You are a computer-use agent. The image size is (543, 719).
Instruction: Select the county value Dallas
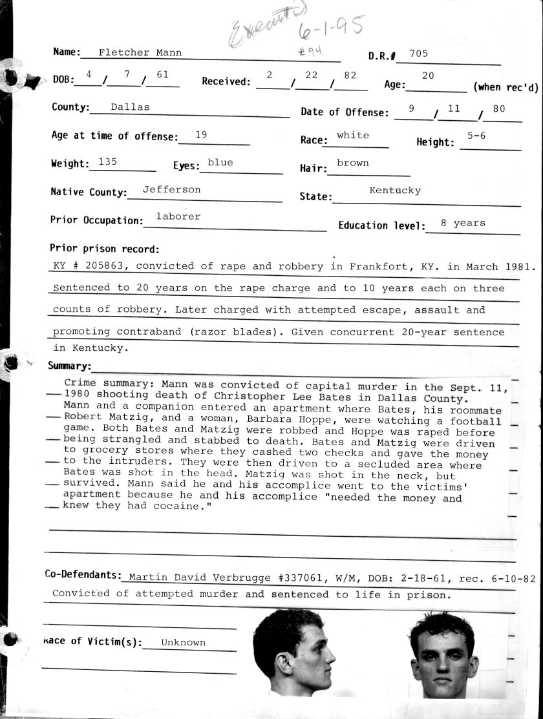tap(130, 107)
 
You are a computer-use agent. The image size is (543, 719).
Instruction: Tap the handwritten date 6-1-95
tap(331, 27)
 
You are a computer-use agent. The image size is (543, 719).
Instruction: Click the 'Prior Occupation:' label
tap(96, 220)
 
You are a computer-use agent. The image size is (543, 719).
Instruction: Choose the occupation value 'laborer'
tap(178, 216)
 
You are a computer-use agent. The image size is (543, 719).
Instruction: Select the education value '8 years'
tap(463, 223)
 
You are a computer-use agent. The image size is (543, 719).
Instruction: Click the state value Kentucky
tap(395, 191)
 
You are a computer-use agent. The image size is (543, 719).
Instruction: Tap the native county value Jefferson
tap(171, 189)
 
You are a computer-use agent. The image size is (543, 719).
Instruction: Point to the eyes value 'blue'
tap(220, 162)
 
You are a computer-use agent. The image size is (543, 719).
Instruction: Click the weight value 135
tap(107, 162)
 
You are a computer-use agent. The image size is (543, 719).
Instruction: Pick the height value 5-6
tap(477, 136)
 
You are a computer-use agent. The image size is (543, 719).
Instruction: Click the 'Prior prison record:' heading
tap(104, 249)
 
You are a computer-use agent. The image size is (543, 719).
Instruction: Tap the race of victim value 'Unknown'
tap(183, 642)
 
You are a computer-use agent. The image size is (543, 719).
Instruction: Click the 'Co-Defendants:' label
tap(83, 574)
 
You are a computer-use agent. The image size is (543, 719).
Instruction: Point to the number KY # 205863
tap(90, 266)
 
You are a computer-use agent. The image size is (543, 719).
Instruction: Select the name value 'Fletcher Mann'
tap(140, 52)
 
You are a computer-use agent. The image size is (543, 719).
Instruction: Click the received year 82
tap(350, 75)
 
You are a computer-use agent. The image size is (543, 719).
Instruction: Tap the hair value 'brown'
tap(353, 163)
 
